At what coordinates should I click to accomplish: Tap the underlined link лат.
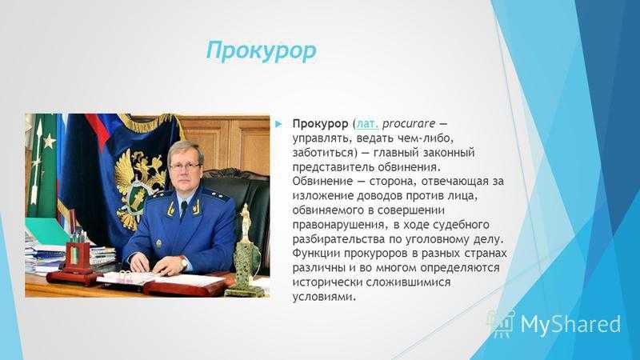(x=368, y=123)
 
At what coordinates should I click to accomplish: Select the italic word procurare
(x=409, y=124)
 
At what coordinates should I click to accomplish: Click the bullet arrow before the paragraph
(x=279, y=124)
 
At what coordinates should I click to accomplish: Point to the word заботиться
(x=322, y=153)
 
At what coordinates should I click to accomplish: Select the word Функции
(x=316, y=254)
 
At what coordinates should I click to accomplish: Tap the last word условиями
(x=324, y=297)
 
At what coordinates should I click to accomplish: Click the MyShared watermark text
(x=570, y=325)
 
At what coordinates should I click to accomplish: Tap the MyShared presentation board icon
(x=502, y=323)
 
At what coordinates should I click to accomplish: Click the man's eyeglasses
(x=185, y=166)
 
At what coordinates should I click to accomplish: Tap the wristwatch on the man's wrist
(x=184, y=263)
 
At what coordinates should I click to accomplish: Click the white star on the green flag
(x=50, y=142)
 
